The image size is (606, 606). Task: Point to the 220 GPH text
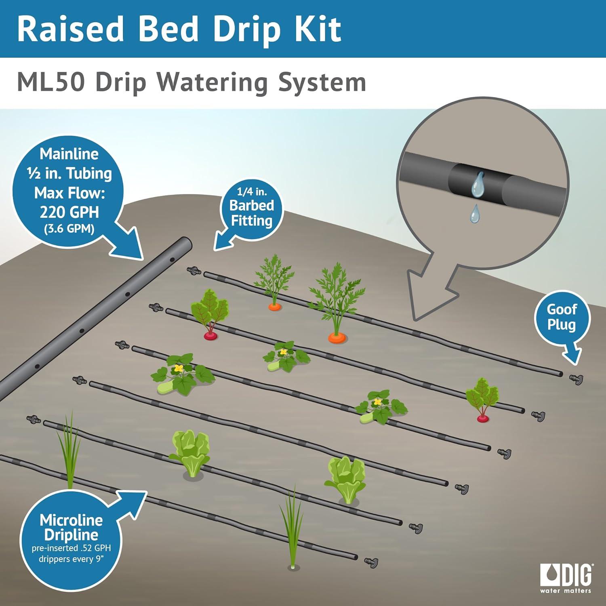point(69,212)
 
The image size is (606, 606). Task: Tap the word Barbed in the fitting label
point(252,206)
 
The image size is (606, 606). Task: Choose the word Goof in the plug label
point(562,310)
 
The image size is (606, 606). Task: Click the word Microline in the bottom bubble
point(71,520)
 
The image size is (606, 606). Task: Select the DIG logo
point(566,578)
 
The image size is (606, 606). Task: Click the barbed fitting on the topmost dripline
point(194,270)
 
